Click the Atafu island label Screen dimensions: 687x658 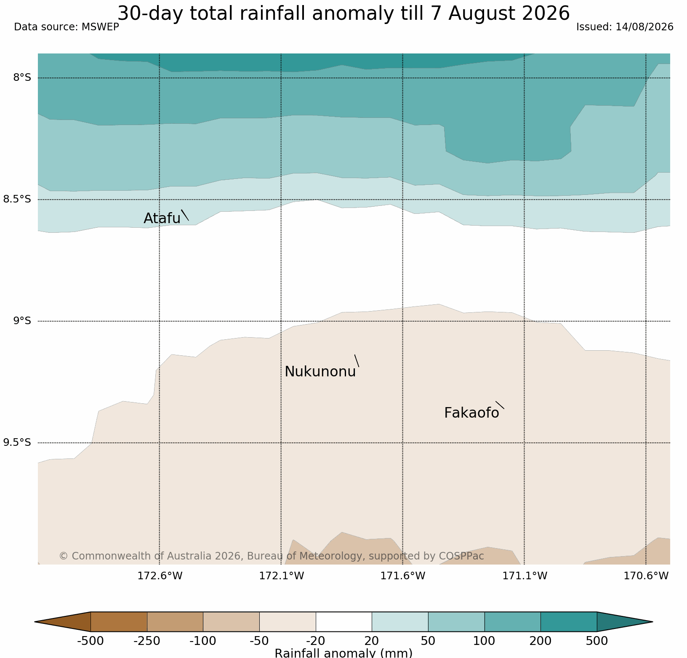162,218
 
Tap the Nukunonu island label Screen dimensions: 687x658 320,372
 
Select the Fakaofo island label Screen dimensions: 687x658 471,413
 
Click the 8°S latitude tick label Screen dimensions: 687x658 22,78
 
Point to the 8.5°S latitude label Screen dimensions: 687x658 17,199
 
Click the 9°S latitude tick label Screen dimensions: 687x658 22,321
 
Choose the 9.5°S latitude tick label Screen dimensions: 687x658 17,442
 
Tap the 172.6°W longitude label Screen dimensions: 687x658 160,576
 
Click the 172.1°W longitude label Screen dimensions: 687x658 281,576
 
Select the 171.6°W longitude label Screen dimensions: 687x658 403,576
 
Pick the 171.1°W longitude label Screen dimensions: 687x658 525,576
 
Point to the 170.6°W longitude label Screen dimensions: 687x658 646,576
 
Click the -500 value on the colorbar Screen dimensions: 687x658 91,641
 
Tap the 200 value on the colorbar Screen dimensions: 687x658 541,641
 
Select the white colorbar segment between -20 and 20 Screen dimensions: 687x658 343,622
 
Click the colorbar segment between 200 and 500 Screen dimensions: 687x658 569,622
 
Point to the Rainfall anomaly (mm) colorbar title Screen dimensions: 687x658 343,653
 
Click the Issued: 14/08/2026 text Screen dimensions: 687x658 625,27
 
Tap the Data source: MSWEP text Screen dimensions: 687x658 67,27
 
